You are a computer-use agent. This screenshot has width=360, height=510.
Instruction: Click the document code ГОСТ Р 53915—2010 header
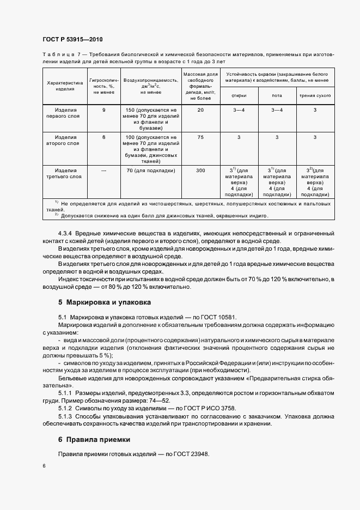coord(72,40)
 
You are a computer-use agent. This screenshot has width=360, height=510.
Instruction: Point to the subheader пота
coord(277,95)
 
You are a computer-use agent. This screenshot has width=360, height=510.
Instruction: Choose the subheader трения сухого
coord(314,95)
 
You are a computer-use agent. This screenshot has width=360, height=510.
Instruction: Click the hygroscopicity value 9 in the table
coord(103,110)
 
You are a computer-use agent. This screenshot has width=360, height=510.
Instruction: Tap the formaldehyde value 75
coord(200,137)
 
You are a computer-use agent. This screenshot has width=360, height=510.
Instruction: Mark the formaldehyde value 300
coord(200,171)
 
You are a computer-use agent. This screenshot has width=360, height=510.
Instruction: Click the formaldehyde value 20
coord(200,110)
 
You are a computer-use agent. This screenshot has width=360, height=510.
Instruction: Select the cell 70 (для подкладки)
coord(151,171)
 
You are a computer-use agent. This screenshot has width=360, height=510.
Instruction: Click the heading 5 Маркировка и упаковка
coord(105,302)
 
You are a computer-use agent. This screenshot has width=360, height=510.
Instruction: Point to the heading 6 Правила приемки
coord(94,439)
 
